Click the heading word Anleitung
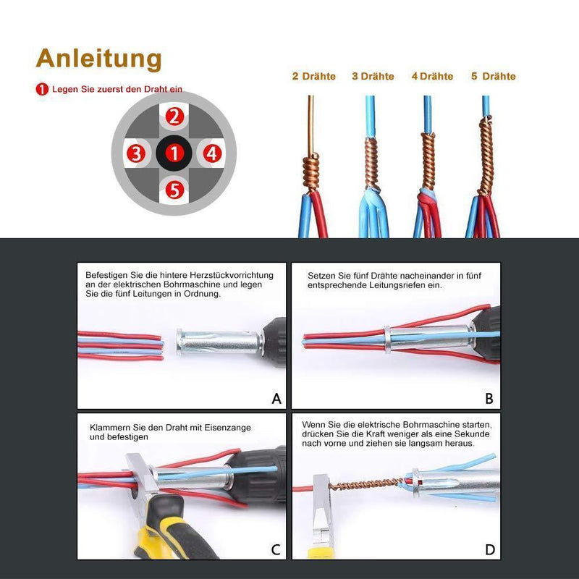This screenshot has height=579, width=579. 98,58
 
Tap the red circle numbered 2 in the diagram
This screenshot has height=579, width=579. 174,116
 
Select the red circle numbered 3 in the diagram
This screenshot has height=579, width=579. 136,153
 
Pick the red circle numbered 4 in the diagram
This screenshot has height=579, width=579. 211,153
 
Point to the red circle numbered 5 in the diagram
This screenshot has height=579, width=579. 174,190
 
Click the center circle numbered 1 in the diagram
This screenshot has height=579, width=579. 174,153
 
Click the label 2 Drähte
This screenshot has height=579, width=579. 313,76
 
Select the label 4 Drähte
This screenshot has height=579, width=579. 432,76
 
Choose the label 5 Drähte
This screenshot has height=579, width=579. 493,76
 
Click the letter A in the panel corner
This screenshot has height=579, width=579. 276,398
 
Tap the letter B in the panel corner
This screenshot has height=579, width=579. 489,398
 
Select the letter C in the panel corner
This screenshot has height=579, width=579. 276,549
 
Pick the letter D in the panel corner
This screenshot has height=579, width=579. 490,549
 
